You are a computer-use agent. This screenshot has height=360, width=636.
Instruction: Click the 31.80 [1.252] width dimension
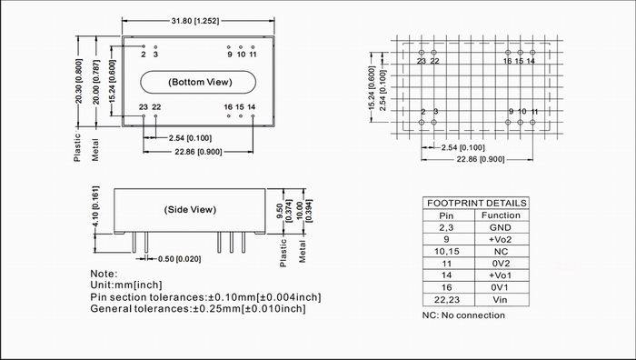195,21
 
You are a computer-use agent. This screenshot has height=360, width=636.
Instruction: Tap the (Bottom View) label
200,82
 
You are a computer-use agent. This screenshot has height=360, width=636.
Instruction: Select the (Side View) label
190,210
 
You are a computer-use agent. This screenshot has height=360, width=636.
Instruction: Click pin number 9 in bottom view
230,55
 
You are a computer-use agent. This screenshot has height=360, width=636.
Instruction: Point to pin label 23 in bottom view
144,107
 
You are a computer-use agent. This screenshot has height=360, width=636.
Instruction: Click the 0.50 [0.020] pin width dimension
179,259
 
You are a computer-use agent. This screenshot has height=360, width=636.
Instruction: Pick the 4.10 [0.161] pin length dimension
95,206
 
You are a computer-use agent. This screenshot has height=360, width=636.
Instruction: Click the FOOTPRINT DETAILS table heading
477,203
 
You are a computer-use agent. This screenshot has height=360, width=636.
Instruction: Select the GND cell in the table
501,227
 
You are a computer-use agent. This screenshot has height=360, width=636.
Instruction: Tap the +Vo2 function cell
500,239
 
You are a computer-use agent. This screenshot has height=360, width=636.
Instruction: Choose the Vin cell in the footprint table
500,299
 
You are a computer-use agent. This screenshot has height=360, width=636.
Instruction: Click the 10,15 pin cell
447,252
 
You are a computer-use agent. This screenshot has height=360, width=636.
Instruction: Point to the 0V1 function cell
501,287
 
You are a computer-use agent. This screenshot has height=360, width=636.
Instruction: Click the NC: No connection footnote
463,315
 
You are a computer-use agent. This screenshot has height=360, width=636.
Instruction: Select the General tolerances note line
198,309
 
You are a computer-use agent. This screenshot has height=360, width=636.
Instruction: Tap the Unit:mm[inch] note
126,285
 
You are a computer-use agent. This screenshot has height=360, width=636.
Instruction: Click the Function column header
501,215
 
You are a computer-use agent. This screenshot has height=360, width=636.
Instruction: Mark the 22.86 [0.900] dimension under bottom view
198,152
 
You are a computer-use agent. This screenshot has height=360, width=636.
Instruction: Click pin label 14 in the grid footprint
531,61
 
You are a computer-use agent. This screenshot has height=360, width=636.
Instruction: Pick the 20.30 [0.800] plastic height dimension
79,81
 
